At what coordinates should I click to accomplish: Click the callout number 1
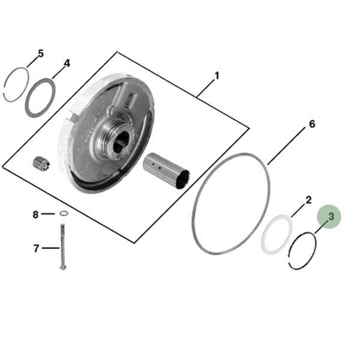[x=217, y=76]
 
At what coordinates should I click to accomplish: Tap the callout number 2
[x=308, y=200]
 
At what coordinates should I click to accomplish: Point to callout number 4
[x=67, y=63]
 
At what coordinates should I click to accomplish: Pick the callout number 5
[x=40, y=53]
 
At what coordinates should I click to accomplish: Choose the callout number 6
[x=312, y=124]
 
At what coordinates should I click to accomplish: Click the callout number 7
[x=36, y=248]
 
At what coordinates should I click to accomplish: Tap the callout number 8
[x=35, y=215]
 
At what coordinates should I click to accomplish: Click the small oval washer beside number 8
[x=64, y=214]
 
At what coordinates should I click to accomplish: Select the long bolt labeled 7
[x=62, y=247]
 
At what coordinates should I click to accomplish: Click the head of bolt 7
[x=62, y=268]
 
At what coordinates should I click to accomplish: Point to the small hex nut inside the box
[x=41, y=163]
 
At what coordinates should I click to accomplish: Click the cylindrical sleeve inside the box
[x=166, y=171]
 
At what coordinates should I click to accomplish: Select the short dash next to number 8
[x=48, y=214]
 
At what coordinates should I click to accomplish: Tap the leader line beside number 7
[x=51, y=248]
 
